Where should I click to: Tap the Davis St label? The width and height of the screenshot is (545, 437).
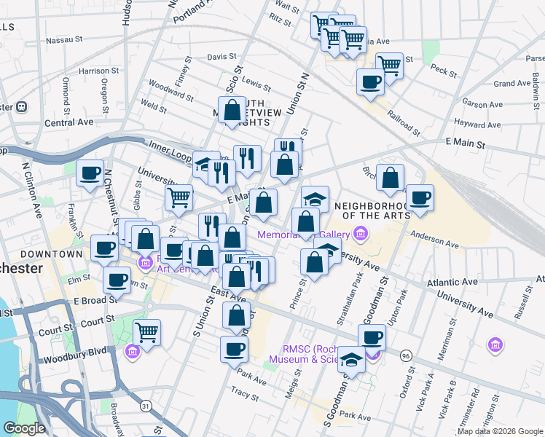pos(221,56)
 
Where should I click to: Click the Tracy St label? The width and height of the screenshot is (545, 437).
pos(245,394)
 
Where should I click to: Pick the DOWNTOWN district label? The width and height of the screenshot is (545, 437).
pos(51,254)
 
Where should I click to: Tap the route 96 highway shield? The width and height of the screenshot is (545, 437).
pos(406,355)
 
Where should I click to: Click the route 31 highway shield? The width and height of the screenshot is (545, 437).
pos(146,405)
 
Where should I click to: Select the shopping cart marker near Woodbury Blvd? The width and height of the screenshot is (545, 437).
pos(147,332)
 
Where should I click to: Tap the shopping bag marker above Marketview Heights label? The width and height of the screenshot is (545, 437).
pos(232,110)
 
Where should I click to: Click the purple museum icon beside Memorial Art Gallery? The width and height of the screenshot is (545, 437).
pos(360,234)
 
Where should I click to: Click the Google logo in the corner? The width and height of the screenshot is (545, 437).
pos(25,428)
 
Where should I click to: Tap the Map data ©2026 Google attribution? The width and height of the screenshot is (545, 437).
pos(499,431)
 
